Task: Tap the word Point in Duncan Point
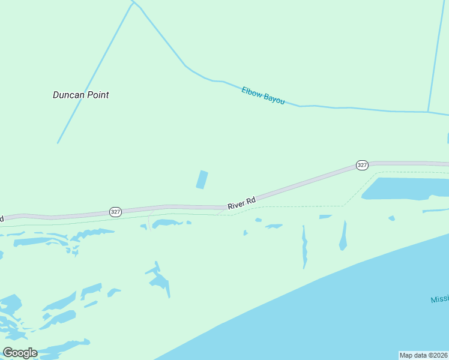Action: [x=97, y=95]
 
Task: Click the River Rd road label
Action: [x=241, y=203]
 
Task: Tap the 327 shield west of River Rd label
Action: [x=116, y=212]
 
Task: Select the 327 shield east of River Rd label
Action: [x=362, y=165]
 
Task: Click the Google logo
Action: [x=20, y=353]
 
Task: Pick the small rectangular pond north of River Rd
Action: [x=202, y=179]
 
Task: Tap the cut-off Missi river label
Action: [x=439, y=299]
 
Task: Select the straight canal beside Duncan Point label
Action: [x=90, y=78]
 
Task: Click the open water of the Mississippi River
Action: [x=336, y=312]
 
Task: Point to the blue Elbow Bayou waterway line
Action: [x=360, y=109]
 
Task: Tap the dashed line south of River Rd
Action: [x=300, y=207]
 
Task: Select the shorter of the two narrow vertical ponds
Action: [x=343, y=236]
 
